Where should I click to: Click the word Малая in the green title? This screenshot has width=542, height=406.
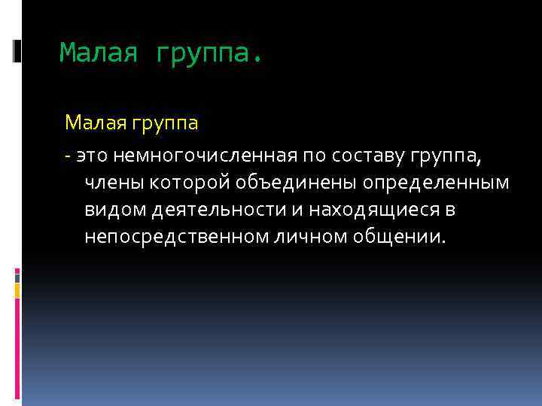(98, 53)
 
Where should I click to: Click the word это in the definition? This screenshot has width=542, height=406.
(92, 156)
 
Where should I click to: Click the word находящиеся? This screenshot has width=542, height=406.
(360, 211)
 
